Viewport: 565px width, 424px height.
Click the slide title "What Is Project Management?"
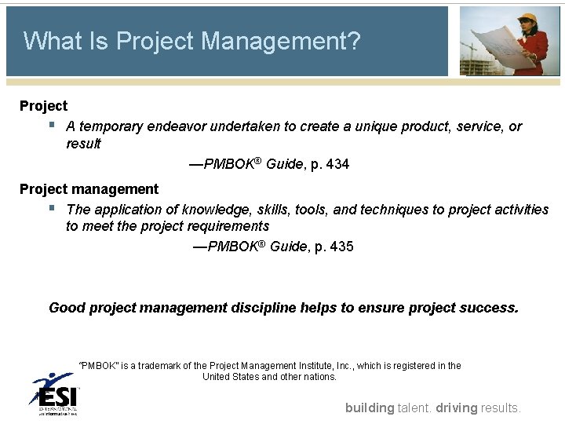192,41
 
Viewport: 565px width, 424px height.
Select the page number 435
341,247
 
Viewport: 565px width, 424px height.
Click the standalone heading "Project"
43,105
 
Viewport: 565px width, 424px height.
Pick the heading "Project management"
89,189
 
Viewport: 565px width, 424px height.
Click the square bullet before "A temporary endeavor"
53,125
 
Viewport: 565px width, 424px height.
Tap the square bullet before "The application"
53,208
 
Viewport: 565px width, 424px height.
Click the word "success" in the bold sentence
487,308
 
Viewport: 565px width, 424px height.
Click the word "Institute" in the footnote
311,366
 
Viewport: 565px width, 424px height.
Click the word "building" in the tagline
370,408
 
